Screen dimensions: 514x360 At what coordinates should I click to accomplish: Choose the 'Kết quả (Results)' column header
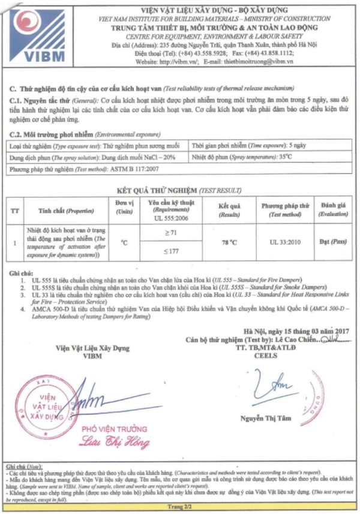coord(229,209)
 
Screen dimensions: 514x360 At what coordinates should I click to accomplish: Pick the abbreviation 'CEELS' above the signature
coord(268,356)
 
